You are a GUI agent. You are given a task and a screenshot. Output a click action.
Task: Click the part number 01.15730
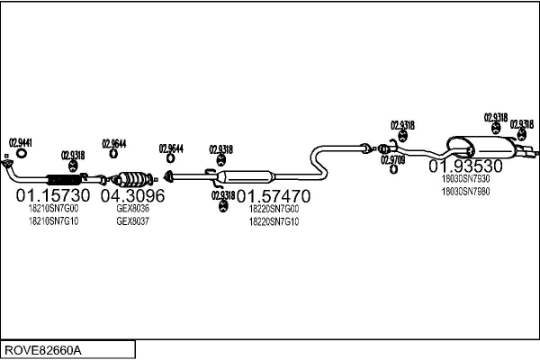coord(53,195)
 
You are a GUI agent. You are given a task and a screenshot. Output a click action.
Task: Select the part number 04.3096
coord(132,195)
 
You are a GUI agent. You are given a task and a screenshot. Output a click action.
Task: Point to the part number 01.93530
coord(464,166)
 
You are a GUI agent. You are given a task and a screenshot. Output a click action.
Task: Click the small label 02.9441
coord(21,142)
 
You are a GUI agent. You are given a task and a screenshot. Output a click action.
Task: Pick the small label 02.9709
coord(392,159)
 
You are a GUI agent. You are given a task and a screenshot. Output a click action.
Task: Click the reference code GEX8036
coord(132,208)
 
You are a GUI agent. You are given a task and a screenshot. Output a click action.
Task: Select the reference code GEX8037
coord(132,220)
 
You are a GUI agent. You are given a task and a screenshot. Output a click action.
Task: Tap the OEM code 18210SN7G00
coord(54,208)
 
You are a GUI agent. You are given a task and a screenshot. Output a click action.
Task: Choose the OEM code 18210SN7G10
coord(54,220)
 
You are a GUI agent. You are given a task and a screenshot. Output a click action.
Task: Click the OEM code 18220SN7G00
coord(274,208)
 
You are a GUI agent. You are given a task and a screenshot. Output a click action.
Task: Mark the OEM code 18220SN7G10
coord(274,220)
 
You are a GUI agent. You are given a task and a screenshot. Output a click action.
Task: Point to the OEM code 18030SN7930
coord(465,178)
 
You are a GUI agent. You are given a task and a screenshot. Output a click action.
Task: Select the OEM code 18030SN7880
coord(465,191)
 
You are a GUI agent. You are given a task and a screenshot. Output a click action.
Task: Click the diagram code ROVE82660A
coord(42,349)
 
